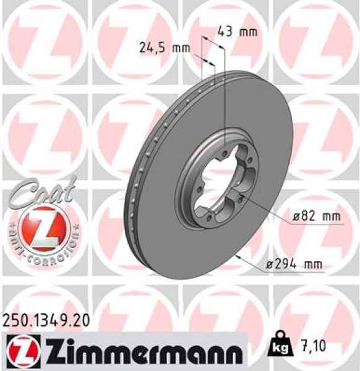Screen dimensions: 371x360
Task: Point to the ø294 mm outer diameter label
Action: (x=293, y=265)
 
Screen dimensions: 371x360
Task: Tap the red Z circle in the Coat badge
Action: (x=41, y=226)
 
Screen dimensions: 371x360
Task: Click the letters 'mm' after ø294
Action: (x=313, y=265)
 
